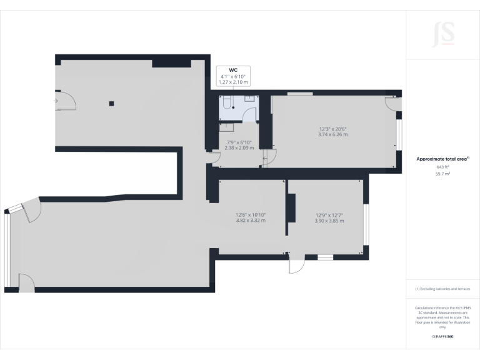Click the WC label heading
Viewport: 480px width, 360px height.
point(233,71)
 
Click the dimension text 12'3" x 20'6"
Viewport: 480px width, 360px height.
point(332,129)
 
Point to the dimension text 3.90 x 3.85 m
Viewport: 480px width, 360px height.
point(329,220)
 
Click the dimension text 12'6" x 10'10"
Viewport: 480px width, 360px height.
point(251,214)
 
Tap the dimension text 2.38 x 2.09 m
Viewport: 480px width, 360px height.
point(237,147)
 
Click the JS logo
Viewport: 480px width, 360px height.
point(442,34)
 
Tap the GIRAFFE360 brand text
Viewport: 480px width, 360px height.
point(442,337)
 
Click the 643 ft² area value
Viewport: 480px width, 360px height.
point(442,167)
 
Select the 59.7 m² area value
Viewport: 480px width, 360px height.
point(442,174)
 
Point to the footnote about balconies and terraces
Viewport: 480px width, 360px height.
point(442,289)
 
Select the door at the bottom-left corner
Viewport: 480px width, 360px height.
point(27,282)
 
